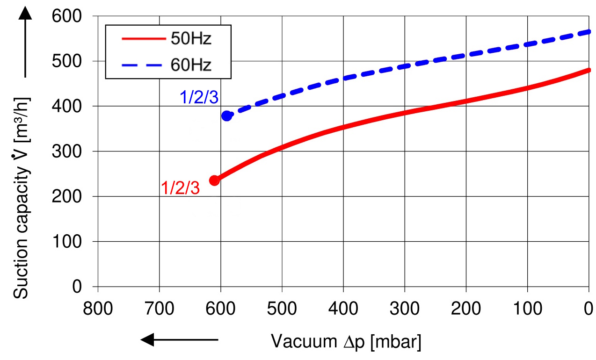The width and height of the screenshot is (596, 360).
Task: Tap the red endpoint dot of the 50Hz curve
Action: [214, 180]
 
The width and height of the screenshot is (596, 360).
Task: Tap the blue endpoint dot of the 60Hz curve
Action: [227, 115]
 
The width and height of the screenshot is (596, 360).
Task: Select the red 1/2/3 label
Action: [180, 187]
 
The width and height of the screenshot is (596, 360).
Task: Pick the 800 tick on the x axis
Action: [98, 309]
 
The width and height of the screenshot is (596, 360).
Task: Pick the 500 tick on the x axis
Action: [282, 309]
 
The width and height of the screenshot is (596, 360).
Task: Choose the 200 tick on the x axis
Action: [466, 309]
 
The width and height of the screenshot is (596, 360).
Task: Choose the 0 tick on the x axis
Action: [589, 309]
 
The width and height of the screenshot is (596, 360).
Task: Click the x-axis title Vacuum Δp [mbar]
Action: [346, 342]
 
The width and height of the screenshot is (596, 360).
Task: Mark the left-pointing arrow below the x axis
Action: [180, 340]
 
